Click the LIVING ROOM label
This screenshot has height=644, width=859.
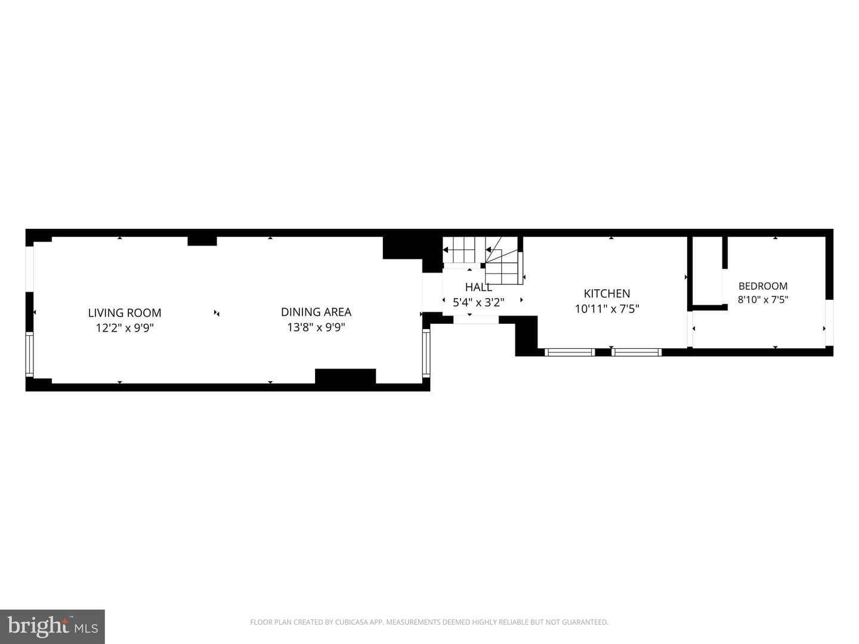click(125, 313)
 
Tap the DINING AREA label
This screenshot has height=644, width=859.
click(316, 312)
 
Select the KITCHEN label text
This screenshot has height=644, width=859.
click(607, 293)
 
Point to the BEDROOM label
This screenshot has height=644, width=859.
click(763, 286)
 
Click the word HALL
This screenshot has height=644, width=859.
click(478, 287)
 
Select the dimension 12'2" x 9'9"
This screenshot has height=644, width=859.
click(125, 328)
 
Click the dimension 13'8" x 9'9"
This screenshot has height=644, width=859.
click(316, 327)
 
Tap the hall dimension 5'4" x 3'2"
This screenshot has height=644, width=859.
click(478, 302)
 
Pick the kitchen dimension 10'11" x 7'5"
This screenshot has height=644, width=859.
click(607, 309)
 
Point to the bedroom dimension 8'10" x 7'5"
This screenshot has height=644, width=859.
click(763, 300)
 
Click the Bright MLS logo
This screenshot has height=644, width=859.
click(52, 626)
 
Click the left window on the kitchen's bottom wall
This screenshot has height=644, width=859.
click(570, 352)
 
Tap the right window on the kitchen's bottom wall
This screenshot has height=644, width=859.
click(636, 352)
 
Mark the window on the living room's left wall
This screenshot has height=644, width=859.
click(30, 354)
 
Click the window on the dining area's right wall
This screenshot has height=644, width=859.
click(426, 352)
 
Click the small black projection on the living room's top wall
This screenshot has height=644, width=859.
click(202, 241)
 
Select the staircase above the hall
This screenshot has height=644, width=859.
click(483, 260)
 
